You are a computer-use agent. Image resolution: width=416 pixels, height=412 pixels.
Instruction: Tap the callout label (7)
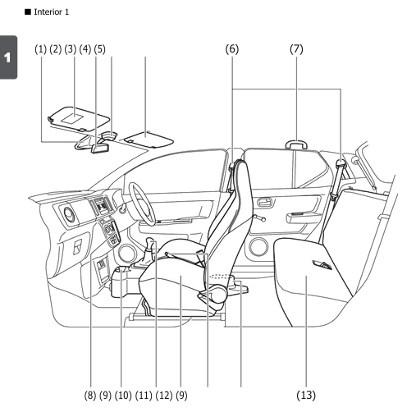297,49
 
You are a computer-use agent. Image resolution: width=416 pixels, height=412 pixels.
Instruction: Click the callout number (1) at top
42,49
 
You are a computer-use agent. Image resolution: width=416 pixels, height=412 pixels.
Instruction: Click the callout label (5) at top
100,49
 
